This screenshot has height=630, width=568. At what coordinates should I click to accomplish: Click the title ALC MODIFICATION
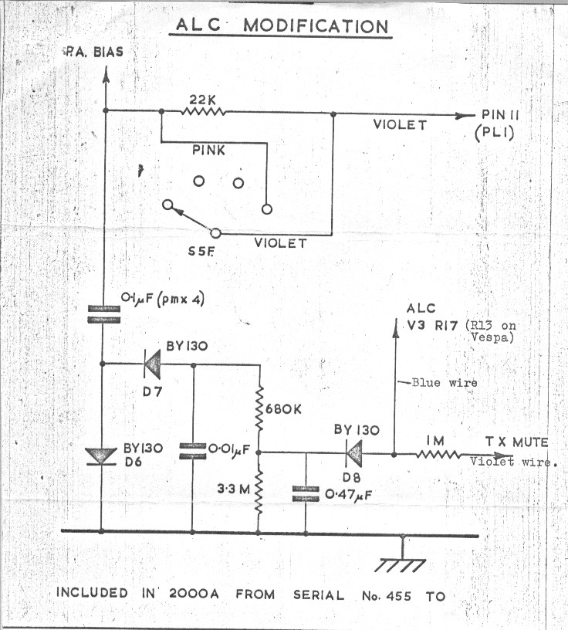point(281,25)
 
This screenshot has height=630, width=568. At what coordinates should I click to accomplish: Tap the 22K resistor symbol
point(203,111)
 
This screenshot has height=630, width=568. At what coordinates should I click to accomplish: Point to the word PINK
point(208,151)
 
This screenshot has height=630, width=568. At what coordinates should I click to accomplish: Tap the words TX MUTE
point(516,442)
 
